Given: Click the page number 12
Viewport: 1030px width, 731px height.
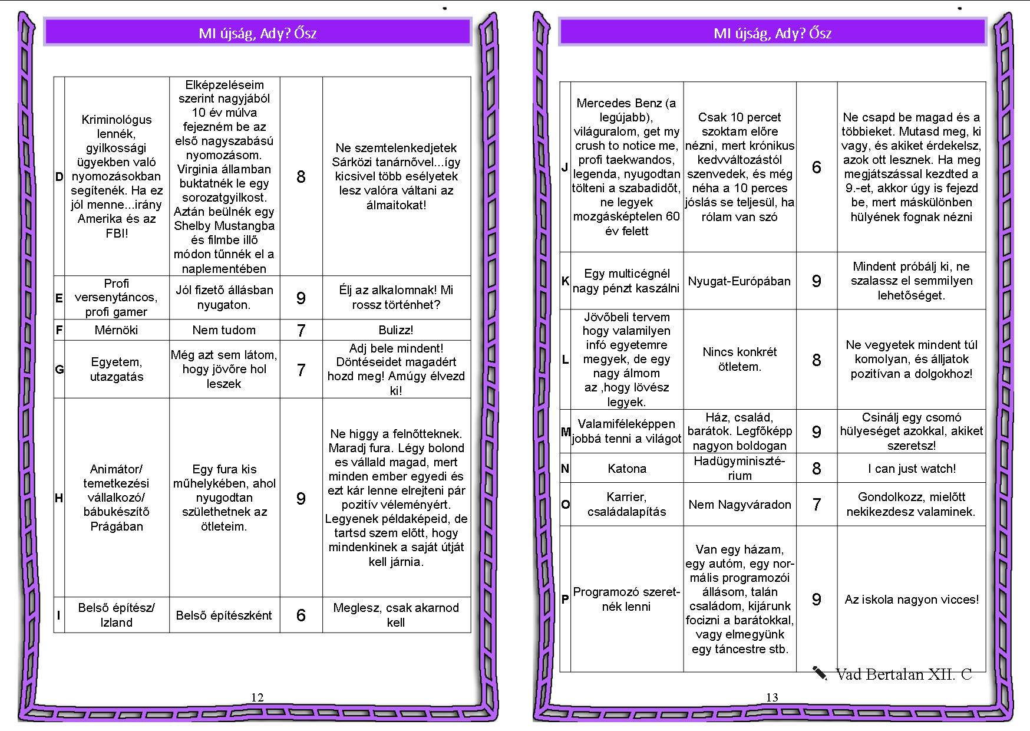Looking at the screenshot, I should pos(257,697).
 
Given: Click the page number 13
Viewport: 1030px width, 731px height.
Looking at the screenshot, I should pos(772,697).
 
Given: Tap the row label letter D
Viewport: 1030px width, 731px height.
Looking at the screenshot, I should pos(59,177).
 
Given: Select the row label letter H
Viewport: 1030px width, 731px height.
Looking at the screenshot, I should pos(59,498).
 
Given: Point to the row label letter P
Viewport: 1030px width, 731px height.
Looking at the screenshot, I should pos(565,600).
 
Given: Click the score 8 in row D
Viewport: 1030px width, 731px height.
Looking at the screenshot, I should pos(301,177).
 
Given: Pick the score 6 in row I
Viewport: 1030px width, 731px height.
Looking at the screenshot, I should pos(301,615).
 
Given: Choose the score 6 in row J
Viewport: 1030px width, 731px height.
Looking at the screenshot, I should pos(817,167).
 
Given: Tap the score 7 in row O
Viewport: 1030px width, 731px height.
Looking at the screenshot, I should pos(817,505).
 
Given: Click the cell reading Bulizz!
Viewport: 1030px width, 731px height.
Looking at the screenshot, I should pos(396,330).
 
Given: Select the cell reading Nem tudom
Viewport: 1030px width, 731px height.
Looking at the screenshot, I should pos(224,330).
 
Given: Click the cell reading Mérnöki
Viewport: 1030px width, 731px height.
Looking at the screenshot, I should pos(116,330).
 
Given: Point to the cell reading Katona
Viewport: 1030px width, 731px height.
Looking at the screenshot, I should pos(627,469).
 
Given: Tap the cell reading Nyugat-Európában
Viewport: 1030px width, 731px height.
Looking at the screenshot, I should pos(740,281).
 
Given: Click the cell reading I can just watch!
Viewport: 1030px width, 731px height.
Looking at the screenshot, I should pos(912,469).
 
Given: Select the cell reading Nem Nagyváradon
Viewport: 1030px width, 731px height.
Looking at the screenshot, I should pos(740,505).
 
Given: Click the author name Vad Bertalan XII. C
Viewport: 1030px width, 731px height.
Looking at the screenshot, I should pos(903,674).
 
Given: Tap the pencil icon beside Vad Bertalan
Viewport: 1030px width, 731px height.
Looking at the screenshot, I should pos(820,673).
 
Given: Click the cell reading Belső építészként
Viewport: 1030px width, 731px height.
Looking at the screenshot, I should pos(224,615).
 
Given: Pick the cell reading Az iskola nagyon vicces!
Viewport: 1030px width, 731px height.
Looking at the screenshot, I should pos(912,600).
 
